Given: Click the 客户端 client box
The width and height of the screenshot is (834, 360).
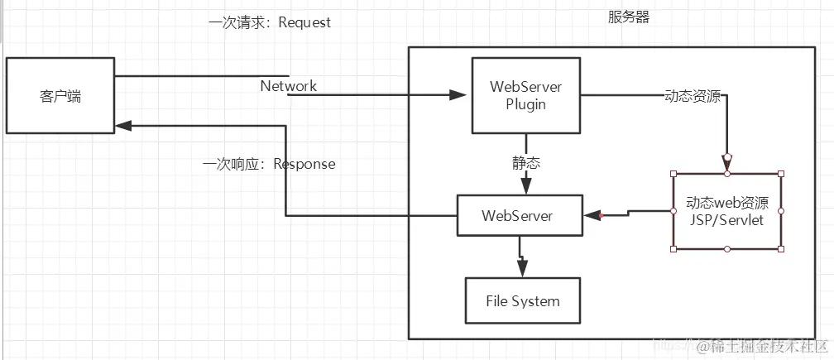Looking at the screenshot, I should pyautogui.click(x=60, y=95).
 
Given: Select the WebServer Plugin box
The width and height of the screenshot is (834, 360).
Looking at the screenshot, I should pyautogui.click(x=525, y=95).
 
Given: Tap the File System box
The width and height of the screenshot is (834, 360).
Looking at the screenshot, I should pyautogui.click(x=522, y=301).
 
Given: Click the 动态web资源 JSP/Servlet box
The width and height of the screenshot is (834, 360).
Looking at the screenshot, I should pyautogui.click(x=727, y=211).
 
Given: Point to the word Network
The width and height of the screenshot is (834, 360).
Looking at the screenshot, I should pyautogui.click(x=289, y=86).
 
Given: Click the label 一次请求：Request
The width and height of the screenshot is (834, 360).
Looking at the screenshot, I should pyautogui.click(x=270, y=22).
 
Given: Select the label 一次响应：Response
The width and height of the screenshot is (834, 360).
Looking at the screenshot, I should pyautogui.click(x=270, y=164).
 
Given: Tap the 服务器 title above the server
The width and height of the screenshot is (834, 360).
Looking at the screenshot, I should pyautogui.click(x=629, y=17).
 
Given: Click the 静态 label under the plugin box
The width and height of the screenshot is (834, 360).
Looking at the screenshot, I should pyautogui.click(x=525, y=163).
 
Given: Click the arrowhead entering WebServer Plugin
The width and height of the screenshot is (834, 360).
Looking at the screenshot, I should pyautogui.click(x=461, y=95).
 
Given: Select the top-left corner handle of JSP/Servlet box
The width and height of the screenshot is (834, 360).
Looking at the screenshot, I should pyautogui.click(x=674, y=174).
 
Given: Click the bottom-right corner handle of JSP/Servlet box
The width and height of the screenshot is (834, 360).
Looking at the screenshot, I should pyautogui.click(x=781, y=248).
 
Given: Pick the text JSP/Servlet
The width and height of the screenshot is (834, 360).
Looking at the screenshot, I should pyautogui.click(x=727, y=220).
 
